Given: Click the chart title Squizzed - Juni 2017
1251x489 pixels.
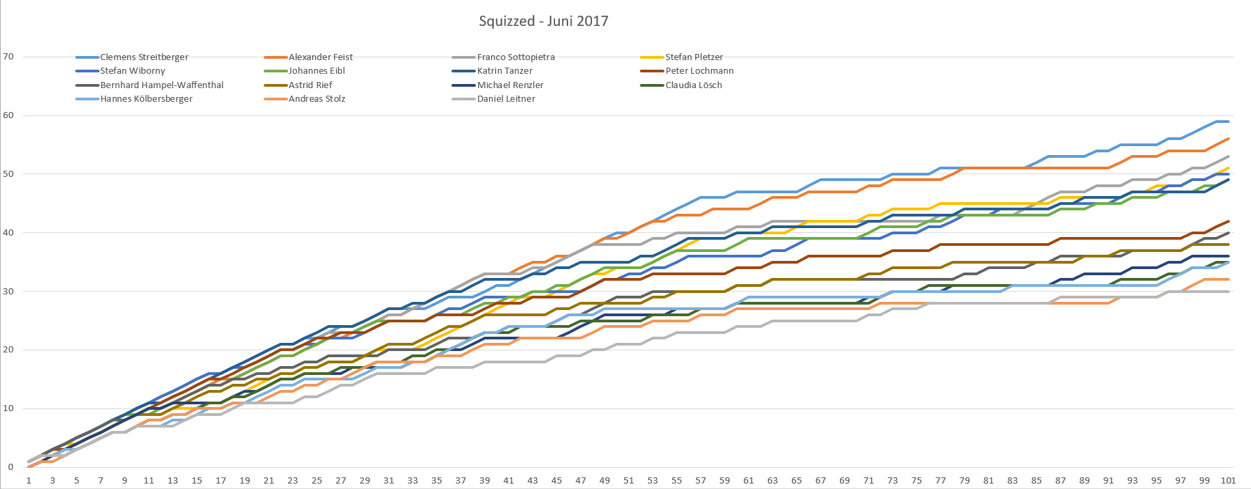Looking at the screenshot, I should pos(544,21).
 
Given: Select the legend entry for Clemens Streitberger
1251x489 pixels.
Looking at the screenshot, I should pos(144,57).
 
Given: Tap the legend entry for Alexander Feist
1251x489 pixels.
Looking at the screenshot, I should pos(320,57).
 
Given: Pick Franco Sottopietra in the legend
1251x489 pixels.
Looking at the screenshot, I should pos(516,57).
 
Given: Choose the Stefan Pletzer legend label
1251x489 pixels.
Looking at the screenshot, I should pos(694,57).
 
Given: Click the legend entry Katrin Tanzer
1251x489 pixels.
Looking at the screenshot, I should pos(505,71).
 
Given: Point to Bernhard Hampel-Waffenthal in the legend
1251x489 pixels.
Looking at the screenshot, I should pos(162,85).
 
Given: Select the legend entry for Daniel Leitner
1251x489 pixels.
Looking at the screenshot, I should pos(506,99).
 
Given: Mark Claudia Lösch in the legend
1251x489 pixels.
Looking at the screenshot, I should pos(694,85).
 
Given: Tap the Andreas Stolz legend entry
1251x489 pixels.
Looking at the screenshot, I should pos(317,99).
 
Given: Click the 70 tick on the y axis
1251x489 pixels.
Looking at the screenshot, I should pos(8,57).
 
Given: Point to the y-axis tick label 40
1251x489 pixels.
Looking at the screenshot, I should pos(8,233).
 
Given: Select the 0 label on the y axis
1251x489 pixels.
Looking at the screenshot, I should pos(10,467).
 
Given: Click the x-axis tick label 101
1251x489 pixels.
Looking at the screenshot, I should pos(1228,481).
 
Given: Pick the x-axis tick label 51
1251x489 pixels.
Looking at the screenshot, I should pos(628,481).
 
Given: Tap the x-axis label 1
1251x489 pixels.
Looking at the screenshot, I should pos(29,481).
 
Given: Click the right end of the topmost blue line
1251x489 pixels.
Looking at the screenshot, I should pos(1228,122).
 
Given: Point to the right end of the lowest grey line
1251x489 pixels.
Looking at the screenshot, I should pos(1228,292).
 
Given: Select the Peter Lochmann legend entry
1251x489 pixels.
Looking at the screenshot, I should pos(699,71).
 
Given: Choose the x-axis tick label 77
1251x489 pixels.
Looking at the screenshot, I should pos(940,481).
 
